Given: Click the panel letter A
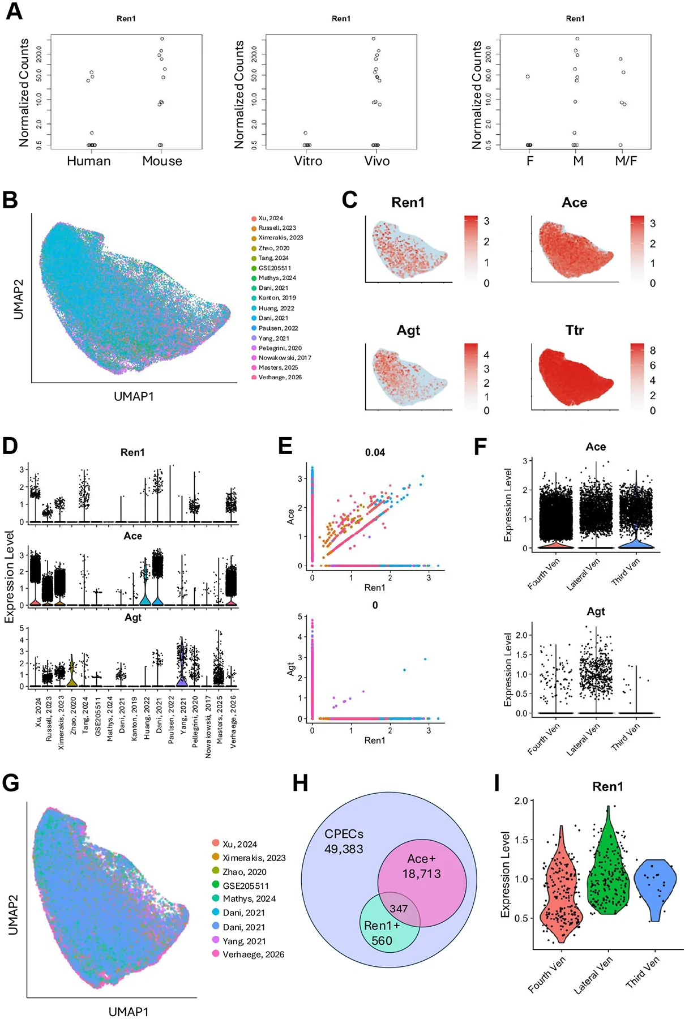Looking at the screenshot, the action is click(14, 11).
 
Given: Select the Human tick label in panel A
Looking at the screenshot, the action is click(89, 161).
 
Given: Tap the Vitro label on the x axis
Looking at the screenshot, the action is click(308, 161).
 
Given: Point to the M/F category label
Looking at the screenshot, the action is click(626, 161).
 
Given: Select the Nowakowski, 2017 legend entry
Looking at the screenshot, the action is click(281, 358).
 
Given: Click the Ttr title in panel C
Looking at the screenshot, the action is click(575, 330).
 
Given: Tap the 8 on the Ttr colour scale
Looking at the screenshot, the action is click(652, 351).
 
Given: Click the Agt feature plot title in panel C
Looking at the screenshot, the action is click(408, 331).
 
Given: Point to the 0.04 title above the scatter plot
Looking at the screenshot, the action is click(375, 452).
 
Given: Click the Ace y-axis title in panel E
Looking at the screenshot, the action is click(291, 516).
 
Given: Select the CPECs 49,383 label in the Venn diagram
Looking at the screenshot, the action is click(344, 841).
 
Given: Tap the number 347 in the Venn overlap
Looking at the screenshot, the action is click(399, 909).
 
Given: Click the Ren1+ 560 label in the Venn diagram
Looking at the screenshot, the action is click(382, 933).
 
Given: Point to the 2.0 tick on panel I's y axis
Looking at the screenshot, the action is click(521, 801).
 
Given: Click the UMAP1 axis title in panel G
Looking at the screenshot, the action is click(129, 1011).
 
